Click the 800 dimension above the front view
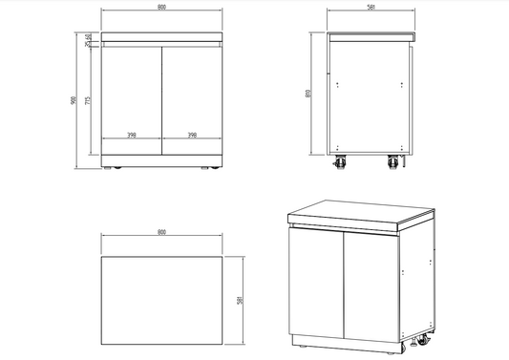click(x=161, y=11)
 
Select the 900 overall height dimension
click(x=74, y=100)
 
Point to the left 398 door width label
click(x=131, y=136)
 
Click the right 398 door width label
click(x=192, y=136)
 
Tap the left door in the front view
click(x=132, y=95)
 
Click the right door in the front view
click(x=192, y=95)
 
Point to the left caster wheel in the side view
click(x=339, y=164)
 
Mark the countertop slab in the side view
click(x=371, y=35)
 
